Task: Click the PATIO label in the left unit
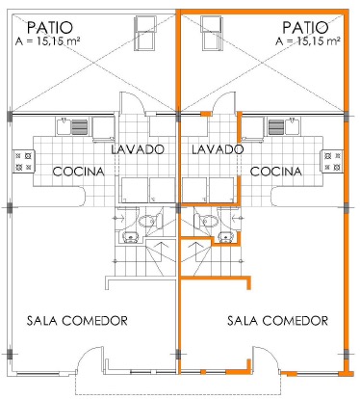[x=50, y=28]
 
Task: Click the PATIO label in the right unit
[x=305, y=28]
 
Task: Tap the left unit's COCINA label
[x=79, y=172]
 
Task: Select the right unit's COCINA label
[x=276, y=172]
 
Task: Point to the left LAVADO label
[x=138, y=149]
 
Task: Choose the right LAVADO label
[x=218, y=149]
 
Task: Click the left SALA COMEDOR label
[x=77, y=321]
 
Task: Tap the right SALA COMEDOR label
[x=277, y=321]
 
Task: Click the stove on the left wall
[x=23, y=161]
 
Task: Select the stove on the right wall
[x=332, y=161]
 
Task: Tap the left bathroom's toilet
[x=150, y=221]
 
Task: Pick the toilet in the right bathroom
[x=205, y=221]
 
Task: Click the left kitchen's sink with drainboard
[x=72, y=127]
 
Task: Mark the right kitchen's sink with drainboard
[x=284, y=127]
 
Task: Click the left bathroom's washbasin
[x=131, y=237]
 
